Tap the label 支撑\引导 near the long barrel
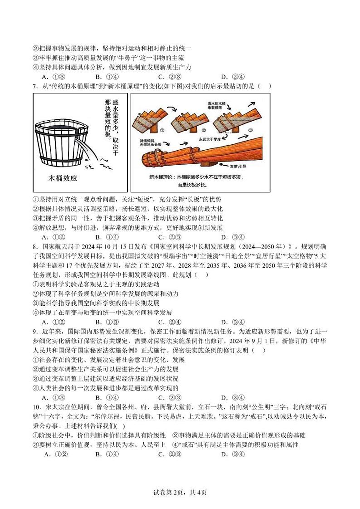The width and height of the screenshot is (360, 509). click(248, 167)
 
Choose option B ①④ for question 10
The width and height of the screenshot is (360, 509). click(107, 455)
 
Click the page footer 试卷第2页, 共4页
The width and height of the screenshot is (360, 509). click(180, 492)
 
